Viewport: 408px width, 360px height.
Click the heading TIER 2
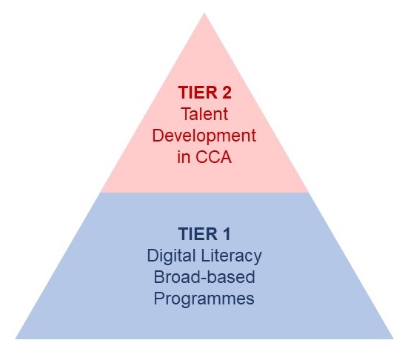click(204, 93)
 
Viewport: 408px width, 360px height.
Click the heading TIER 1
click(204, 234)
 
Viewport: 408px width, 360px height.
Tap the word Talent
click(204, 114)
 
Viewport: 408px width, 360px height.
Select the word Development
click(204, 136)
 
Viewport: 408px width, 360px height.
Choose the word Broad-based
click(204, 277)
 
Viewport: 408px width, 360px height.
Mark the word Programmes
click(204, 299)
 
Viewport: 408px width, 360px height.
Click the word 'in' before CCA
click(184, 157)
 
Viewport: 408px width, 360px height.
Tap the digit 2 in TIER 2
click(227, 93)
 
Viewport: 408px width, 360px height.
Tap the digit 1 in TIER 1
click(227, 234)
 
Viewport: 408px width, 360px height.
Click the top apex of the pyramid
click(204, 13)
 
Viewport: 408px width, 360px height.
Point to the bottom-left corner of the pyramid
click(16, 339)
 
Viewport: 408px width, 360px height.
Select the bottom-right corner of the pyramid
click(393, 339)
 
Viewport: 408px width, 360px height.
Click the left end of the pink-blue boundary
click(101, 193)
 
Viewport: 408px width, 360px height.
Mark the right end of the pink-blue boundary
click(308, 193)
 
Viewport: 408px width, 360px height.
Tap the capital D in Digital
click(153, 256)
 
